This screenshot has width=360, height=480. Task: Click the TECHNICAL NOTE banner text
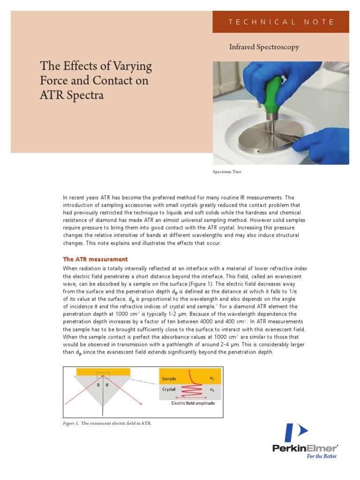[281, 22]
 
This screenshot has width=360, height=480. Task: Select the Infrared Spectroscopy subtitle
[264, 47]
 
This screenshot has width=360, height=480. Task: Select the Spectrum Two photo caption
[227, 172]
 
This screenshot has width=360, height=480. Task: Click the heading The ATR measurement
[95, 259]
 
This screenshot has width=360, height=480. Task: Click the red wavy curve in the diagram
[190, 386]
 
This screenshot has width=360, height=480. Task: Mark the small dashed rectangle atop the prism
[103, 375]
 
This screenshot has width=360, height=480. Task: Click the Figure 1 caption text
[107, 423]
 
